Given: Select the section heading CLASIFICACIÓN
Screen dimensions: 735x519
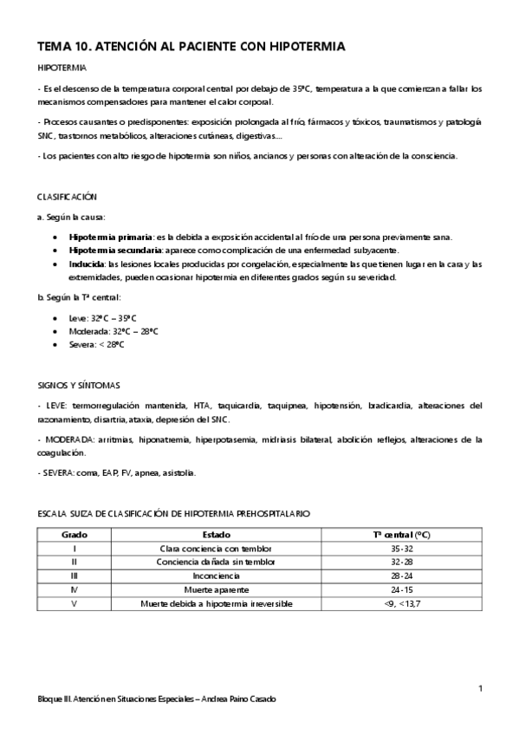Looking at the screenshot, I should [x=68, y=197].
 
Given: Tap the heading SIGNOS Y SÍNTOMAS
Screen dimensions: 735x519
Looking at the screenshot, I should [x=80, y=384].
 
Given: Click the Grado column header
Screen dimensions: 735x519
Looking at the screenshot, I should [x=75, y=536].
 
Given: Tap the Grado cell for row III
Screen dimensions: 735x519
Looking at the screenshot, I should [x=75, y=576].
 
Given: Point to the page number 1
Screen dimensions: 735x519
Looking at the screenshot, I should [x=480, y=688].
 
